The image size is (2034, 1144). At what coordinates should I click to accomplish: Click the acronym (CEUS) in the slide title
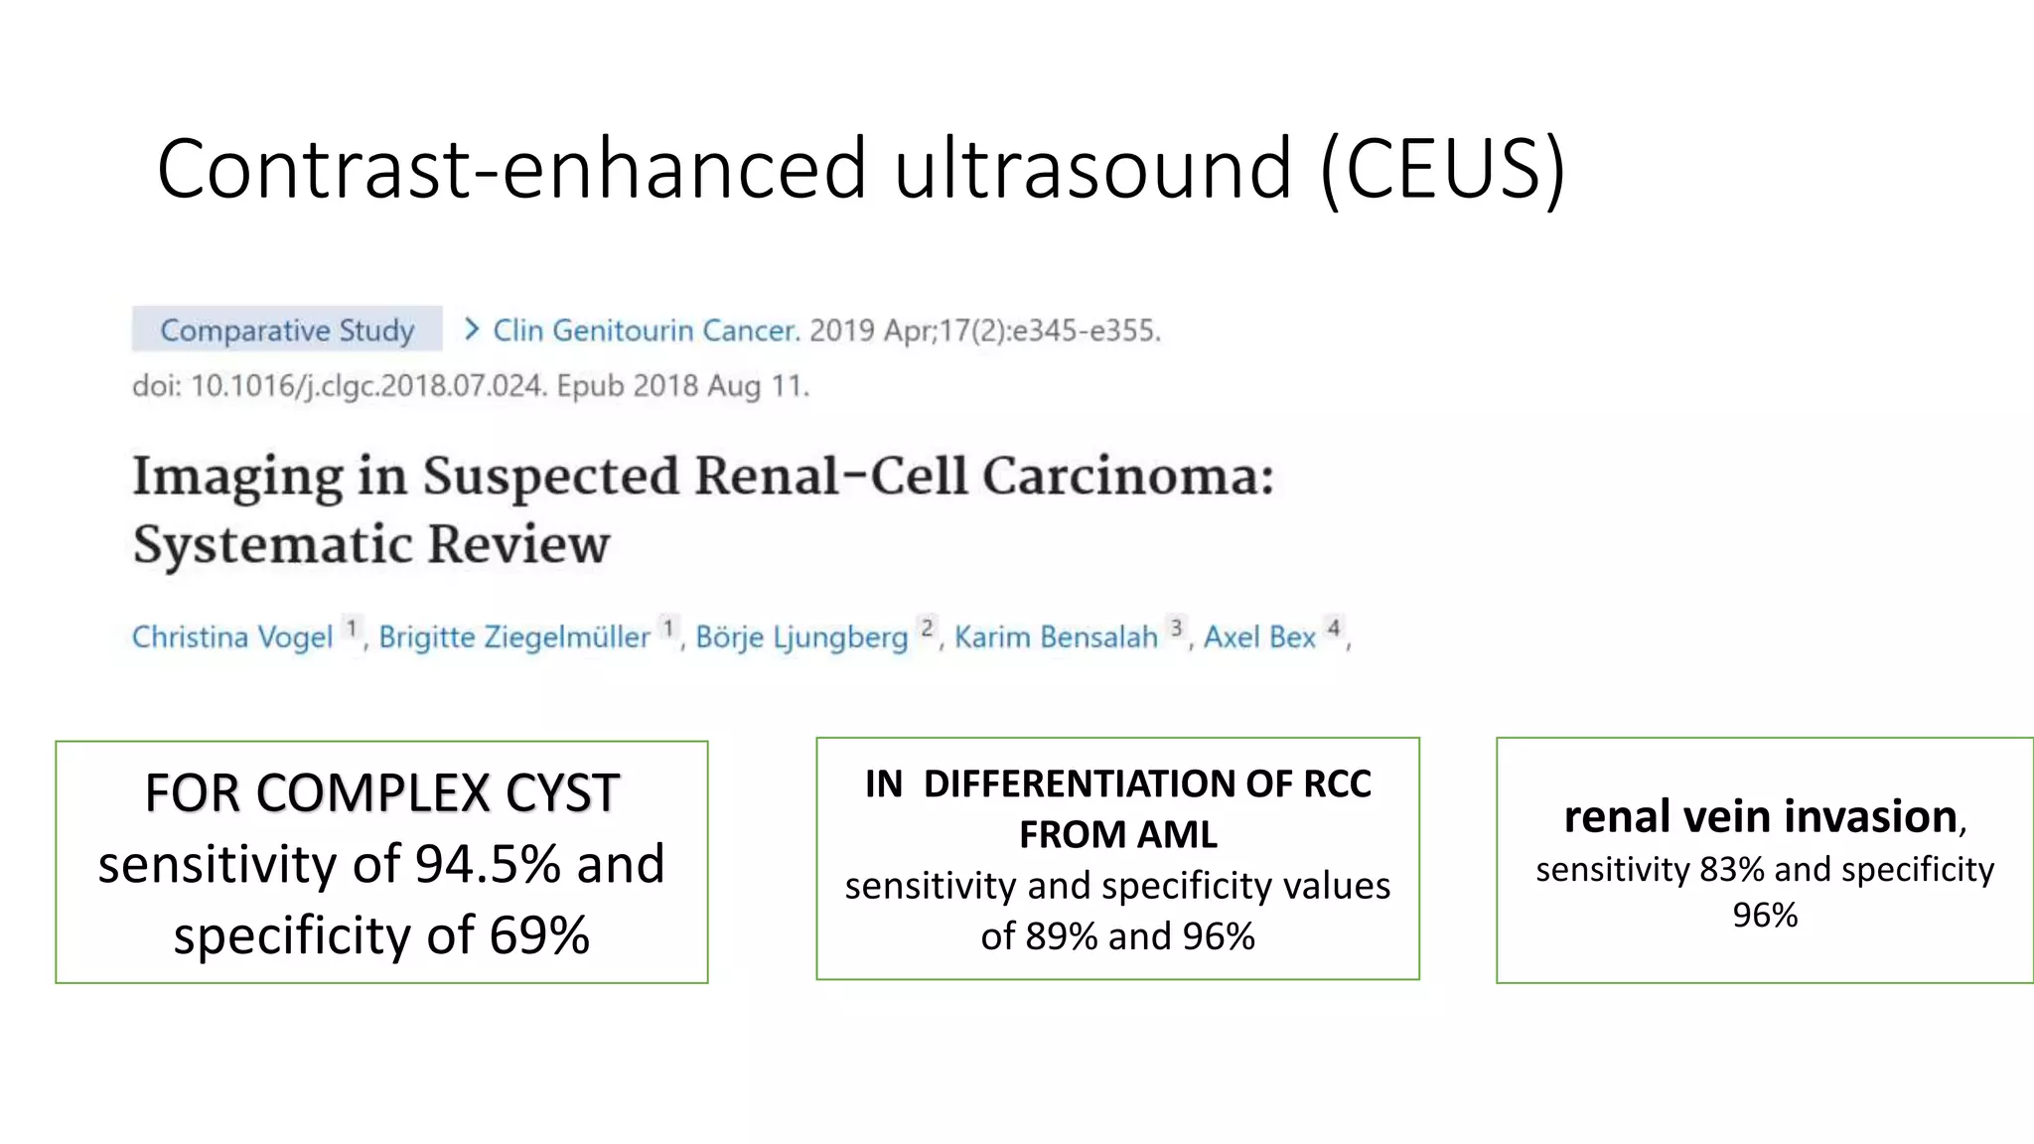[1442, 169]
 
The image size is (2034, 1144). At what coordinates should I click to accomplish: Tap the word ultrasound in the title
[1092, 169]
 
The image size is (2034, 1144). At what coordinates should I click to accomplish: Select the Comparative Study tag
[287, 330]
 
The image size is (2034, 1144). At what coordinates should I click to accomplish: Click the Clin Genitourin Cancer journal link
[646, 330]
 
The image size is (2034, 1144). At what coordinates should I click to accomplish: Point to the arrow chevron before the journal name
[472, 329]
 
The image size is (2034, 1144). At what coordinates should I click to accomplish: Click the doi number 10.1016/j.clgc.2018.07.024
[367, 385]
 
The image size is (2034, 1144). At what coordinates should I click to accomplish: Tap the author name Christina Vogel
[232, 637]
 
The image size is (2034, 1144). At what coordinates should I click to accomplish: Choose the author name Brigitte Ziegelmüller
[513, 637]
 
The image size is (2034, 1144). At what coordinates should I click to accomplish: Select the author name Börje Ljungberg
[801, 637]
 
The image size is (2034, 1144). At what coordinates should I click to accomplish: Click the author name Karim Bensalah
[1056, 637]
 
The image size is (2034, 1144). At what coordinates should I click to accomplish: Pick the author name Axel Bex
[1259, 637]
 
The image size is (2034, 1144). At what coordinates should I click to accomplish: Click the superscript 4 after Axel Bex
[1334, 628]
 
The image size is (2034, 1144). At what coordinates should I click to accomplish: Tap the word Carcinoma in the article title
[1127, 476]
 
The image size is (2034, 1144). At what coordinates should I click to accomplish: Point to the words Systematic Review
[371, 544]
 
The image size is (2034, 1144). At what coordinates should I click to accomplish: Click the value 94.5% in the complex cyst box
[488, 864]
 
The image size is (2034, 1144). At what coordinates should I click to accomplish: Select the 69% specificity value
[539, 935]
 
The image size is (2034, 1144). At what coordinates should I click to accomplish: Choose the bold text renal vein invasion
[1760, 816]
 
